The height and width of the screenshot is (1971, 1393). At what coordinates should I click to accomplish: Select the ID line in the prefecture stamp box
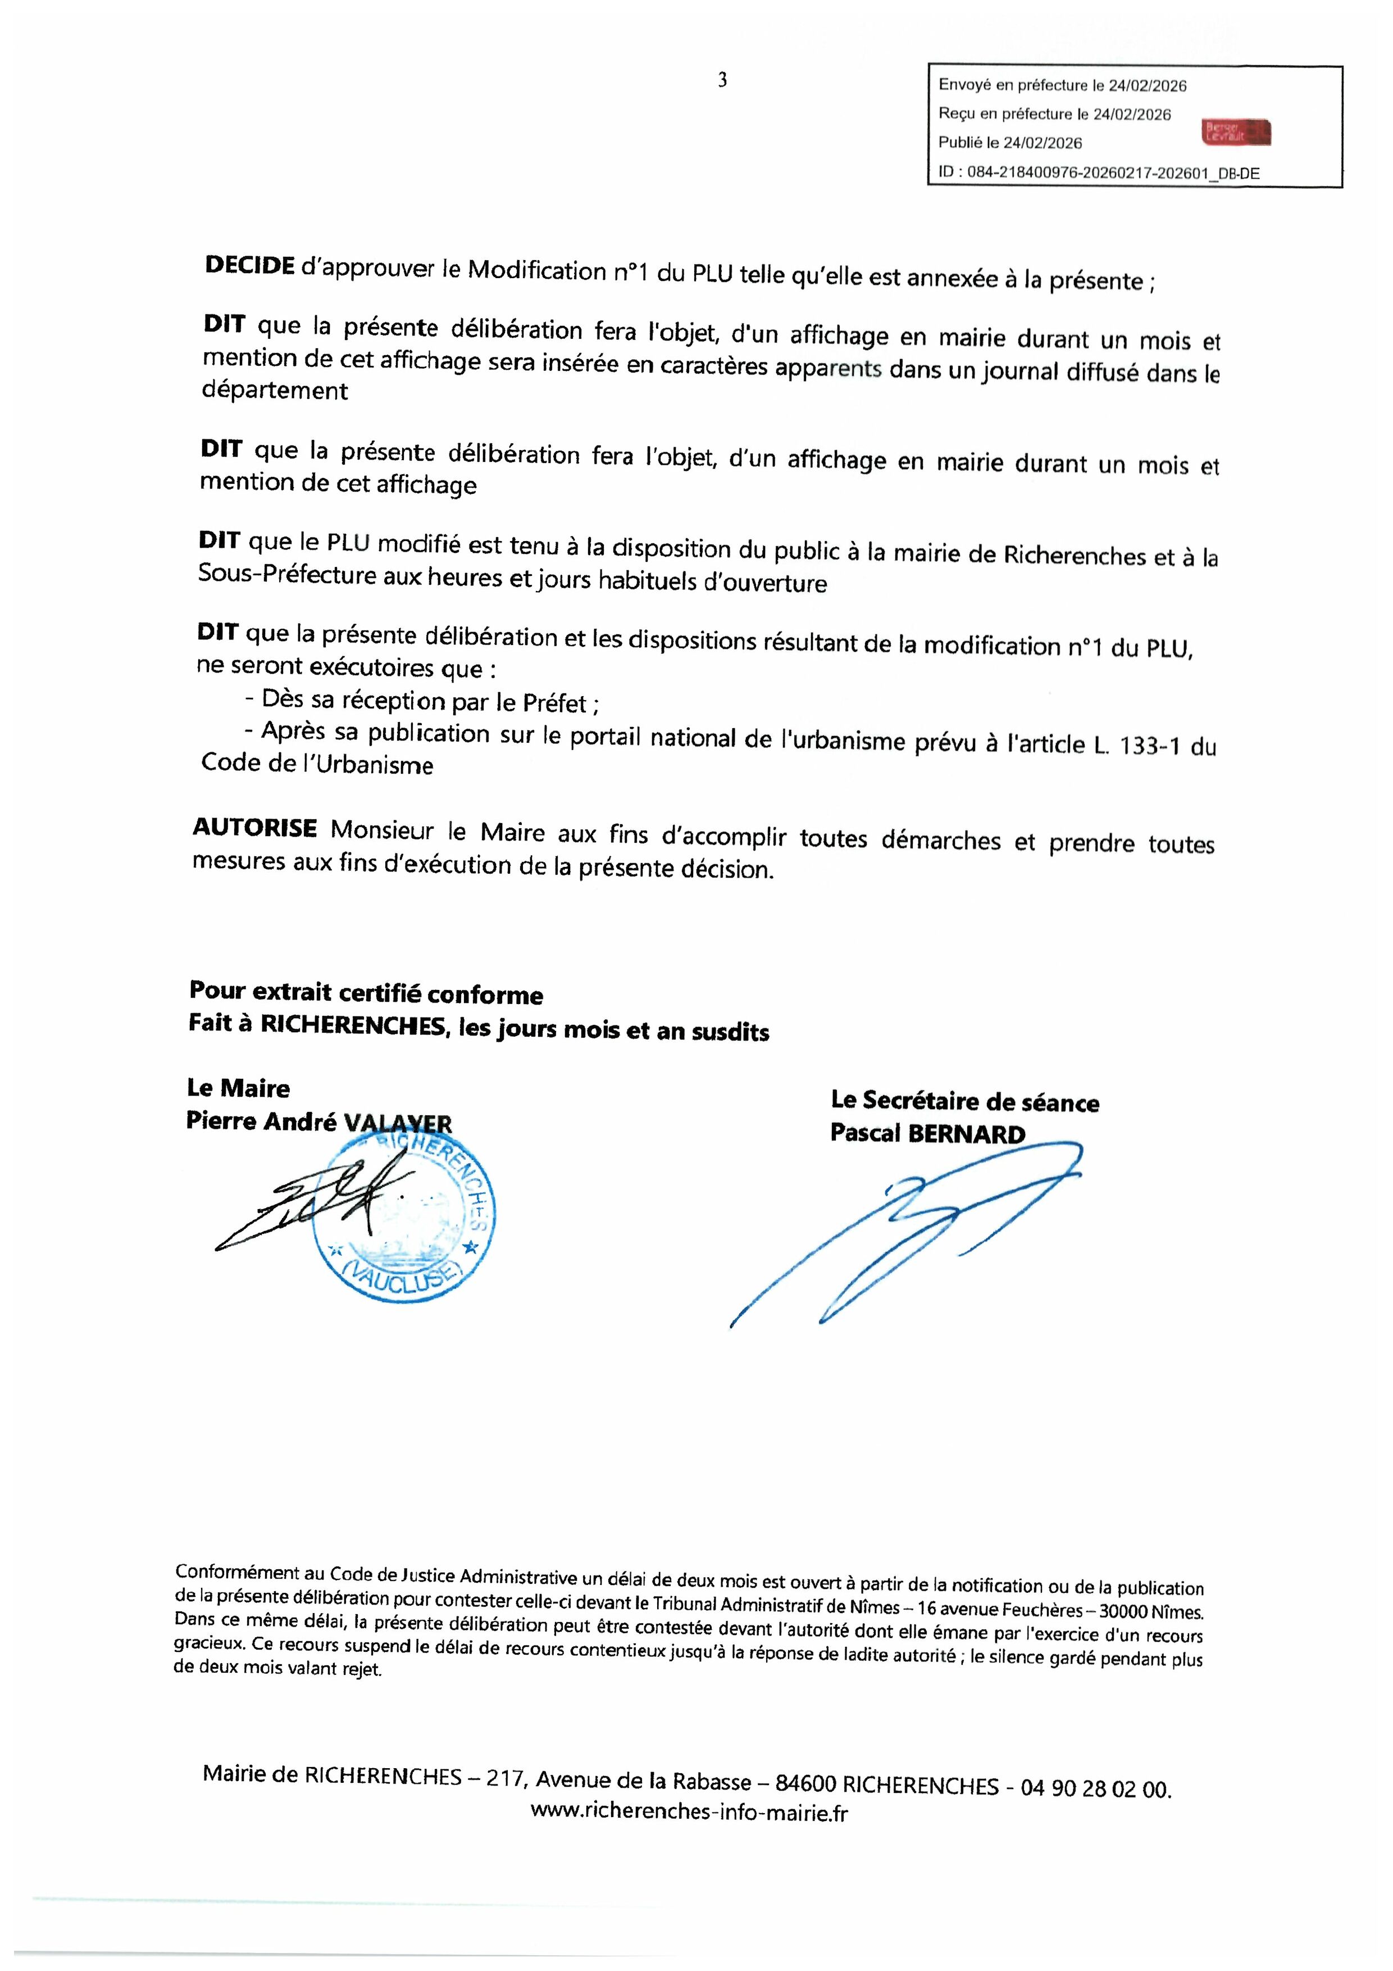point(1099,172)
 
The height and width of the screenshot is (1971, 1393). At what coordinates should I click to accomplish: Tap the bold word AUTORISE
point(255,828)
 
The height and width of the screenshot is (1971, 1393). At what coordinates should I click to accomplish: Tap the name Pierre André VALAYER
point(318,1122)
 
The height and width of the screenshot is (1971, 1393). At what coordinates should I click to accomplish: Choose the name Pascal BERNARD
point(927,1133)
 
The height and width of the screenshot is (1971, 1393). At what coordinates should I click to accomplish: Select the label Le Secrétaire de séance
point(965,1101)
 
